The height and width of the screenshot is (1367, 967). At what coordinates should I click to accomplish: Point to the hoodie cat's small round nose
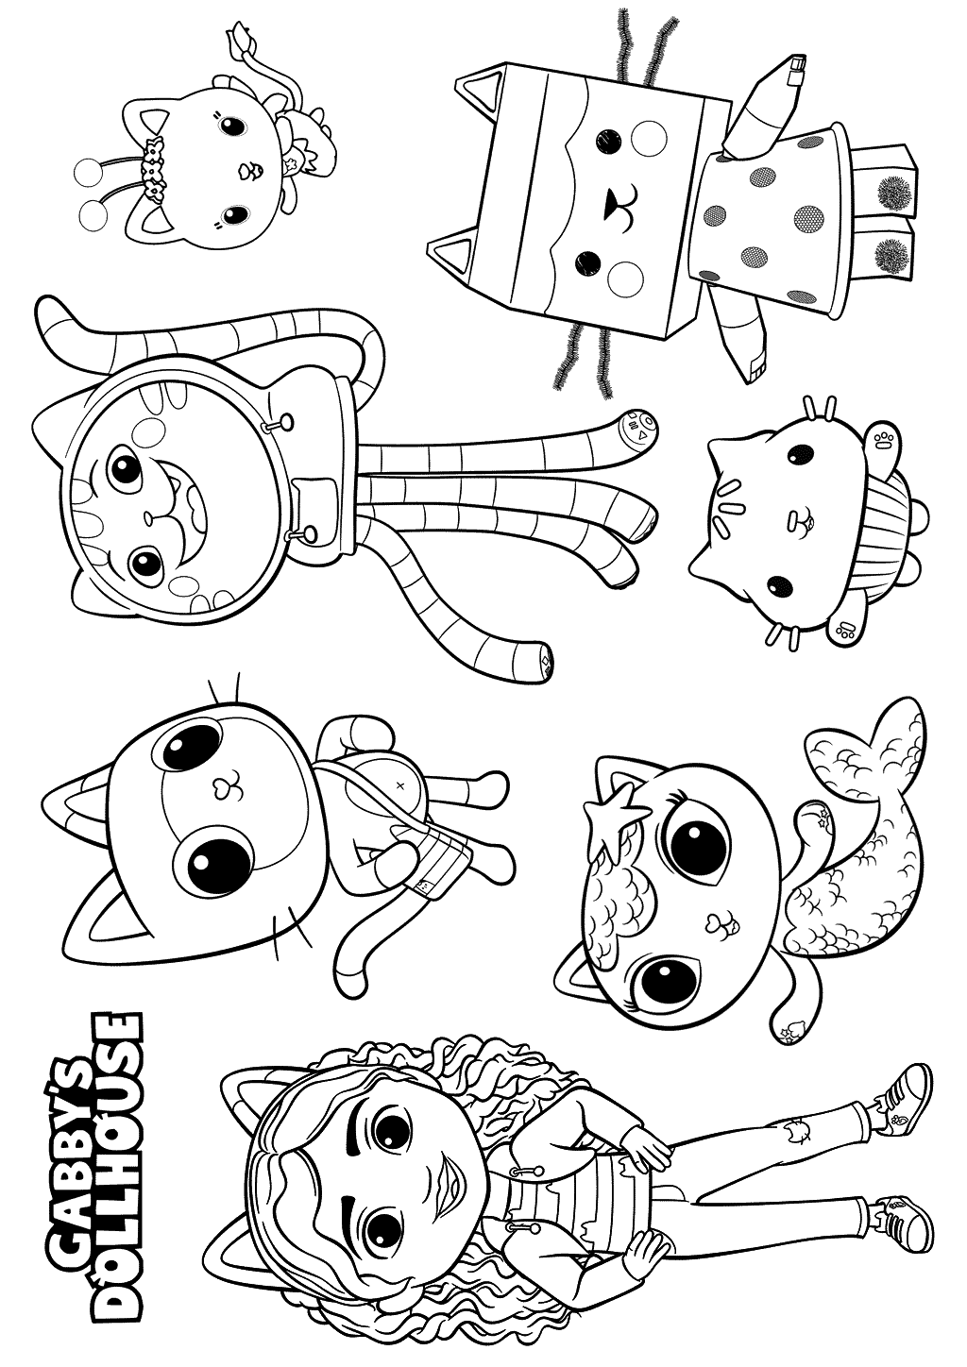tap(147, 500)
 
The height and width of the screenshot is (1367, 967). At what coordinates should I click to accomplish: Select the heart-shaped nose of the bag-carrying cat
tap(220, 788)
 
